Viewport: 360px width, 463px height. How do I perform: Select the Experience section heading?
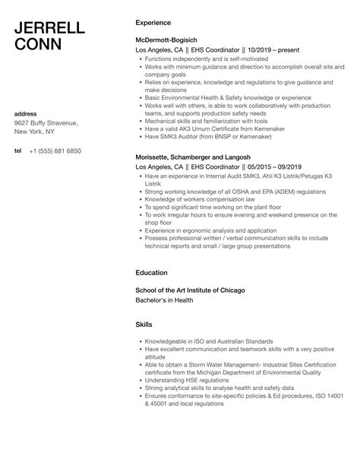[153, 23]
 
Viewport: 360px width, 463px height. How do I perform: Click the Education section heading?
[152, 271]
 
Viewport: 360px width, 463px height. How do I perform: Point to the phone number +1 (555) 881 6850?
[55, 151]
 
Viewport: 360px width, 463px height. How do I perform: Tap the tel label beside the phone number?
[17, 151]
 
